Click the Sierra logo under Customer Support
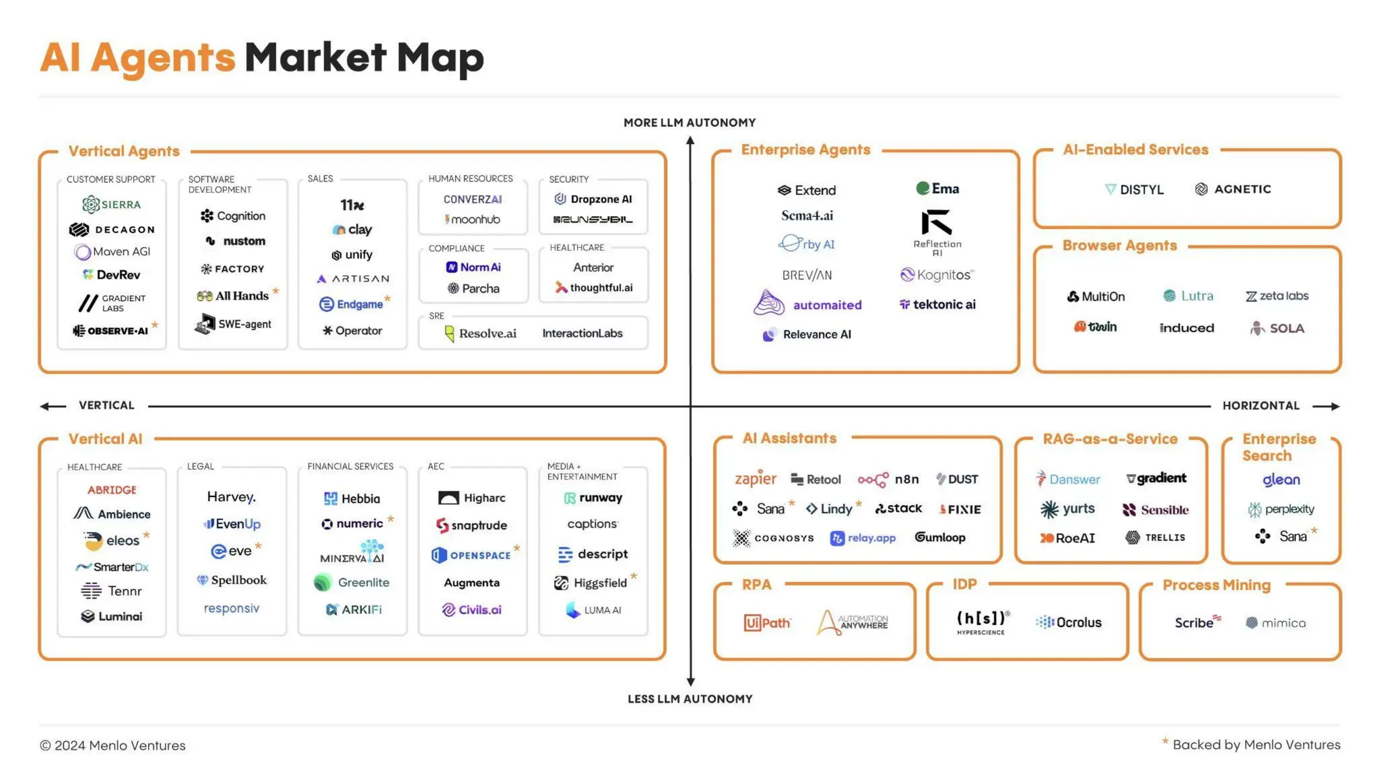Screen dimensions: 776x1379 point(112,204)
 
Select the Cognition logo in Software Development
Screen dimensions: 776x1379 point(233,216)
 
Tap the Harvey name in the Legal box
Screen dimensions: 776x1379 point(231,497)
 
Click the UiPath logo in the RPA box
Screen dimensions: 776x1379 point(767,623)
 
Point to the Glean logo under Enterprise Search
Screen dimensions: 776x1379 point(1281,480)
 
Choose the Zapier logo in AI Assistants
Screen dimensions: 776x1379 point(755,478)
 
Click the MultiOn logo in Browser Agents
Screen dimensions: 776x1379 point(1096,296)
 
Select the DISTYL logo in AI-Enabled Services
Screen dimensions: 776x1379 point(1135,190)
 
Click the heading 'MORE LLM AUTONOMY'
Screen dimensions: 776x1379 point(689,123)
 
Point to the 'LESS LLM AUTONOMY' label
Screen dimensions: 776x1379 point(689,699)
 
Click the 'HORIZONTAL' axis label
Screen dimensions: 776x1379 point(1260,406)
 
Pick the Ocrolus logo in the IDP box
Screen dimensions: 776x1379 point(1069,622)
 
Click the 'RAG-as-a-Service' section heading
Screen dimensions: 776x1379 point(1110,439)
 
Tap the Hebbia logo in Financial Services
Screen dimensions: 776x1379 point(352,498)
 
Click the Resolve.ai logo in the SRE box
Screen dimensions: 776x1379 point(481,333)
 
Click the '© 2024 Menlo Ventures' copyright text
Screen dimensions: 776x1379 point(112,746)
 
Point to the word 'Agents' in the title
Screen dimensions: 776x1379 point(163,58)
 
